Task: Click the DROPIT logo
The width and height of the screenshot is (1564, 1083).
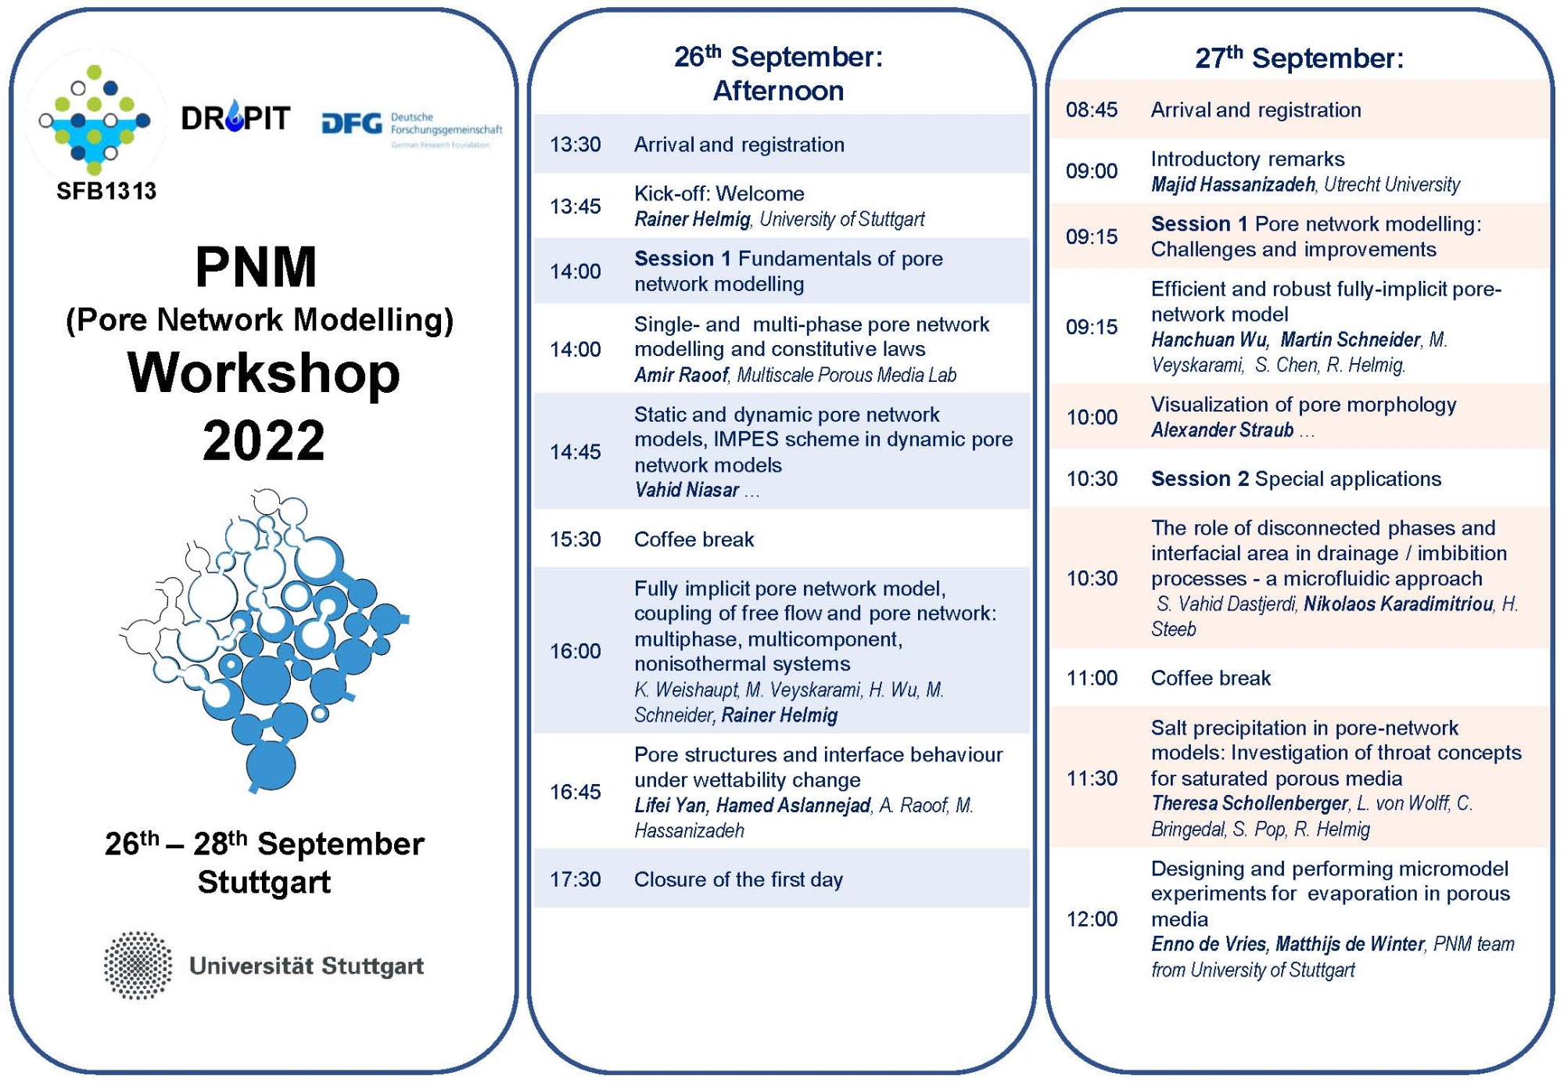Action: (x=235, y=118)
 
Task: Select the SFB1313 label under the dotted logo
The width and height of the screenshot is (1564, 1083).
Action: (x=106, y=191)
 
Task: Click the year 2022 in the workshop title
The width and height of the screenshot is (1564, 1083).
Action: (x=264, y=441)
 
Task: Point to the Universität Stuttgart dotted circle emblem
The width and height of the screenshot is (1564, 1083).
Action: (x=138, y=966)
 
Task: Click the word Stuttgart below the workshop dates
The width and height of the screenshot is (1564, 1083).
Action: (x=264, y=882)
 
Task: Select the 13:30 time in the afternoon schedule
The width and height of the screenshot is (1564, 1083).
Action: (x=575, y=145)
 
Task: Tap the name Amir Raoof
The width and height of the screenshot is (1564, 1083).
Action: (x=681, y=375)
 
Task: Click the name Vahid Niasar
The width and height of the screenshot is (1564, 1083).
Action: (x=687, y=490)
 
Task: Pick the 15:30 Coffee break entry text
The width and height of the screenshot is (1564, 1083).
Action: (x=694, y=539)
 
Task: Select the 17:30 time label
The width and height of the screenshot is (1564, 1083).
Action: (x=575, y=880)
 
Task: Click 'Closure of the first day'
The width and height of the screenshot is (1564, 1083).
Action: (x=738, y=880)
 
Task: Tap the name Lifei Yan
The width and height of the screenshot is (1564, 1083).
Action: (x=670, y=805)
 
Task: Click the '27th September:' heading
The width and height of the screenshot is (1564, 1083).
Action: (x=1299, y=57)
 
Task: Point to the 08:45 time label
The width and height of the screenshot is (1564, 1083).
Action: (x=1092, y=110)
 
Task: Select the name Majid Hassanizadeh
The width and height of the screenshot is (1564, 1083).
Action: (x=1233, y=185)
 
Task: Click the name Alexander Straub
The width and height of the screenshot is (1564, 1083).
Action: (x=1222, y=430)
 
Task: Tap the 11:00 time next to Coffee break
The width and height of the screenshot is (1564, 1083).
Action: (x=1092, y=678)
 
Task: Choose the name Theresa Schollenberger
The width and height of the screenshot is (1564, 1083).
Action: (x=1250, y=803)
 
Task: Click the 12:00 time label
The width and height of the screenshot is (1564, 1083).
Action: (x=1092, y=919)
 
